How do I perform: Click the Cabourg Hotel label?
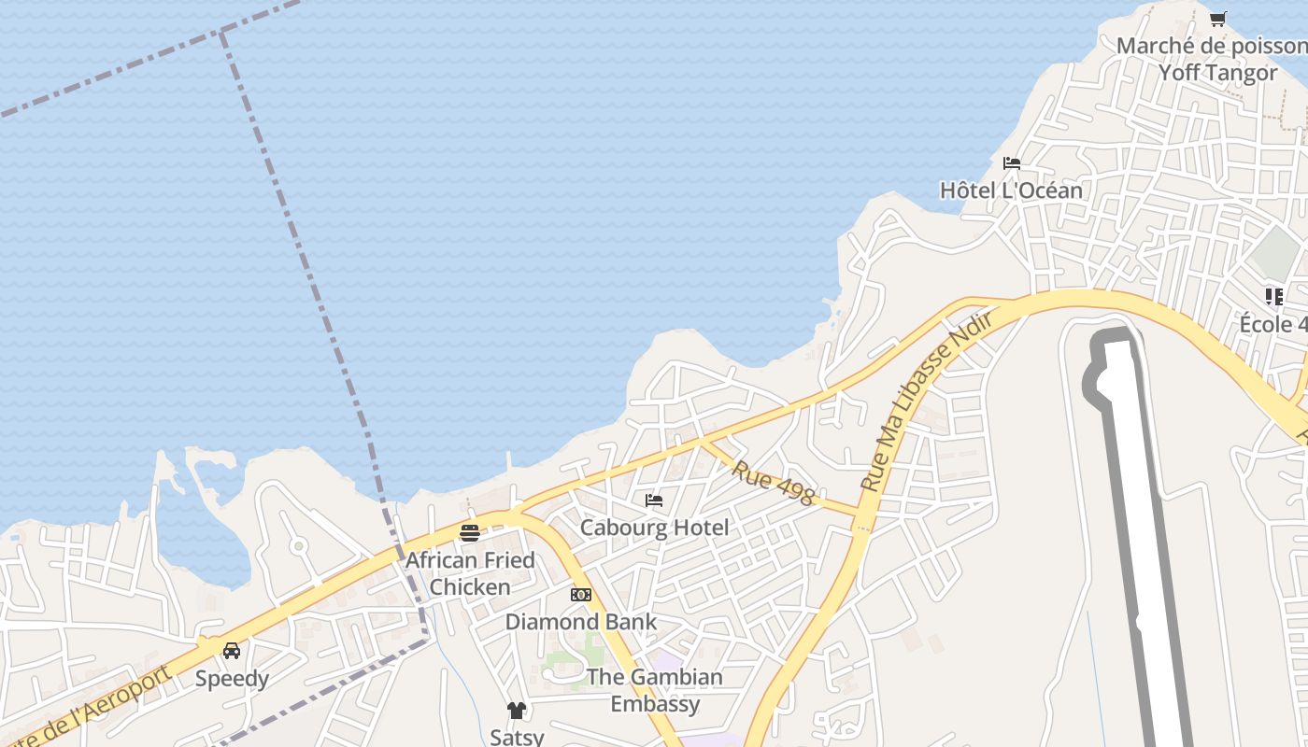pos(654,528)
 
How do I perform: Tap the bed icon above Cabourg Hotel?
pos(654,500)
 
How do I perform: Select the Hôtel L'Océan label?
pos(1011,190)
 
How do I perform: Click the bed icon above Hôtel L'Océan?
pos(1011,163)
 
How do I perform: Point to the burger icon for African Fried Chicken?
pos(469,533)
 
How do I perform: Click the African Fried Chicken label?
pos(469,573)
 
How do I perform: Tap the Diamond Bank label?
pos(580,622)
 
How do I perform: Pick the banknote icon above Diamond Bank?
pos(580,595)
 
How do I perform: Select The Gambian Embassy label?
pos(655,690)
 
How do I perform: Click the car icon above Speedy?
pos(232,651)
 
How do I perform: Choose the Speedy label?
pos(232,679)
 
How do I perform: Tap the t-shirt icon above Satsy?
pos(517,711)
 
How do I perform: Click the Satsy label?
pos(517,737)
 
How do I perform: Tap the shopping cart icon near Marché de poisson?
pos(1217,19)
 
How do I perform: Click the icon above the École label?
pos(1273,297)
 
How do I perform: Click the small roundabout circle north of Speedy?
pos(298,545)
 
